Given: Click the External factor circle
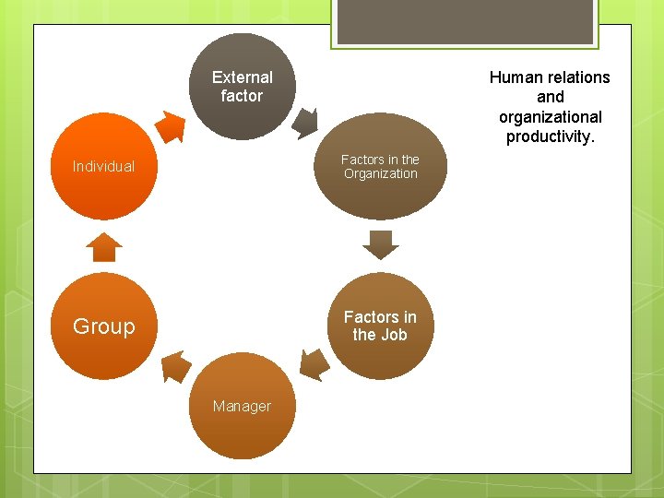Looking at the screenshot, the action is coord(242,87).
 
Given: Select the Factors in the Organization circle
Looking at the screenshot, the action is coord(380,167).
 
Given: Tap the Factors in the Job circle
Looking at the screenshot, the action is coord(380,326).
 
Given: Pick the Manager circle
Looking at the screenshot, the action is coord(242,406).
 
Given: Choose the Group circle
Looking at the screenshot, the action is coord(103,326).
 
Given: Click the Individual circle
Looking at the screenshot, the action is coord(103,167).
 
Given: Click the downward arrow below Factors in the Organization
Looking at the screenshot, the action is coord(380,244).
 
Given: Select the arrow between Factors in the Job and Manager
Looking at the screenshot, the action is coord(314,363).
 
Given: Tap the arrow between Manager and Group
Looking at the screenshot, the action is coord(175,366).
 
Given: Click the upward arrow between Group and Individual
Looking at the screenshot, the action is coord(103,247).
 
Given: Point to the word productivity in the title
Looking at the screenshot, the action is coord(549,137).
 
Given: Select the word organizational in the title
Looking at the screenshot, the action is coord(551,117).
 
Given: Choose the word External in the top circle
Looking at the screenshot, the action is coord(242,77).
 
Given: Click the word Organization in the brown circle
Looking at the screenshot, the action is coord(380,173).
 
